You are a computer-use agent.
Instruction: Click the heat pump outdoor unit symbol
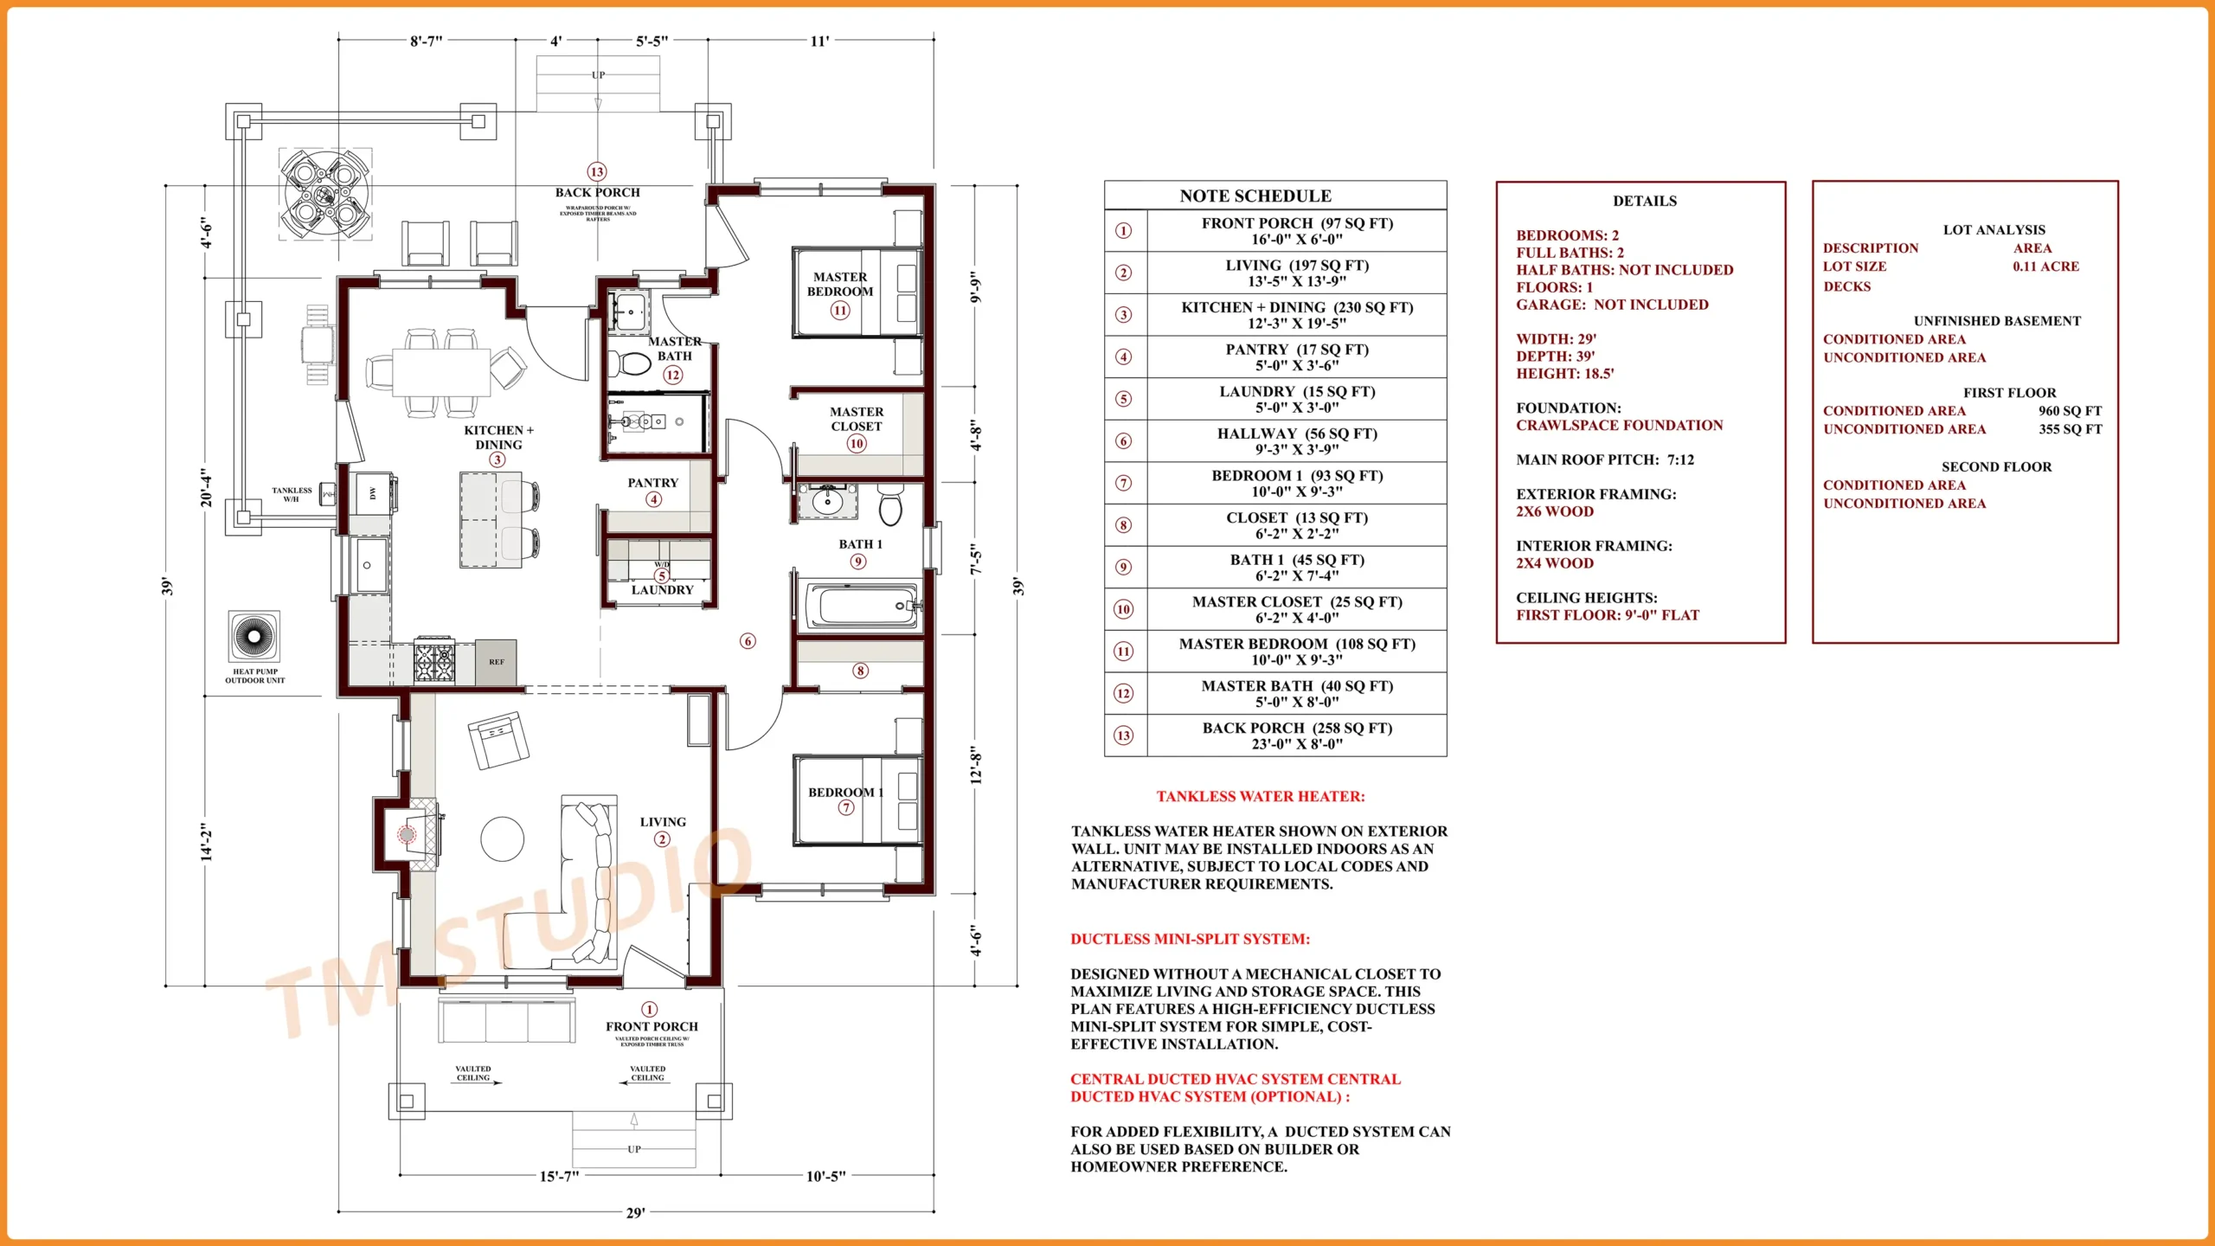[x=254, y=636]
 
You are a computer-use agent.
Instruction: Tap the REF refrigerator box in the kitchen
[x=496, y=662]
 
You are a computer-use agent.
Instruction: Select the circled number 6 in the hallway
[x=748, y=641]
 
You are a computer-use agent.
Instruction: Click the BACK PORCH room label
[x=597, y=192]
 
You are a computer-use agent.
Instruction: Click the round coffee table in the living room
[x=502, y=838]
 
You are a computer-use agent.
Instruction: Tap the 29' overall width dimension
[x=635, y=1212]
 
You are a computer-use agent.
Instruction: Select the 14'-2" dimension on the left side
[x=206, y=841]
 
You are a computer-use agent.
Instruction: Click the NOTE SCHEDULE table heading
[x=1255, y=196]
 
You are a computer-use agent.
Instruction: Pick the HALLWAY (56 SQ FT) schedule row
[x=1296, y=440]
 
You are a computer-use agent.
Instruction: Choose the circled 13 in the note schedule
[x=1123, y=735]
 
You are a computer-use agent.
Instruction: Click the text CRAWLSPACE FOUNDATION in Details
[x=1619, y=425]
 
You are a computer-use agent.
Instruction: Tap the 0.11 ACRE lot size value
[x=2045, y=267]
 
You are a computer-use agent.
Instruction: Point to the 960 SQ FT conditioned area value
[x=2070, y=411]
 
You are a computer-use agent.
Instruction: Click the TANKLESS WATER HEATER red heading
[x=1260, y=796]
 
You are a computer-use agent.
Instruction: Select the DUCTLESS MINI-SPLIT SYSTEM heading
[x=1190, y=939]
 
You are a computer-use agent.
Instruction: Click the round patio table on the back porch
[x=325, y=194]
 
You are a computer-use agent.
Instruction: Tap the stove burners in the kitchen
[x=434, y=662]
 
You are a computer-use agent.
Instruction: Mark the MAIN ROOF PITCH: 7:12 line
[x=1604, y=459]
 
